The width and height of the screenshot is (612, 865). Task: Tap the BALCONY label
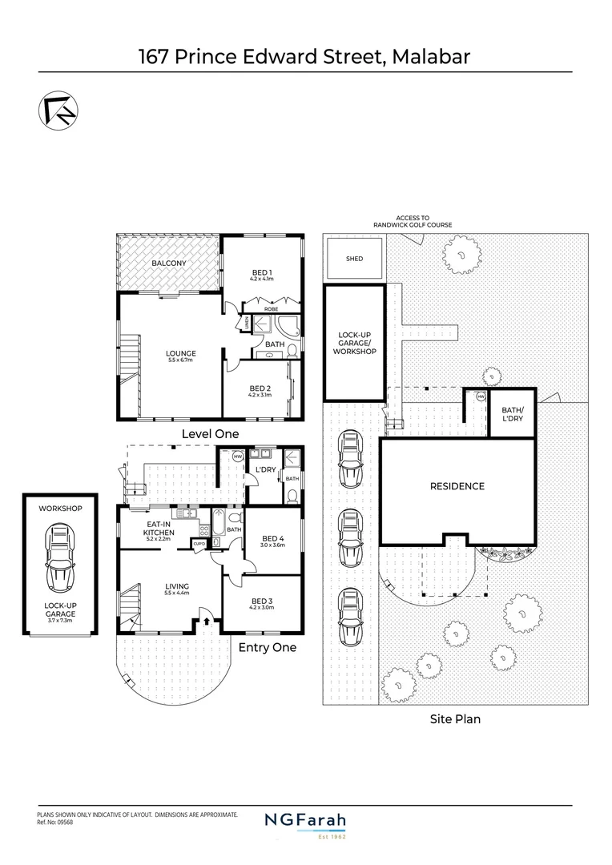click(169, 263)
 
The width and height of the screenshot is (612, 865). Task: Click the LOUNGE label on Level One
click(182, 353)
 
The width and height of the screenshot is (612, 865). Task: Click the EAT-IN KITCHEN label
click(159, 528)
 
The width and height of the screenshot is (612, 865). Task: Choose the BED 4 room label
click(272, 538)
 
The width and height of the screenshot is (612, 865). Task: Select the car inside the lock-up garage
click(60, 557)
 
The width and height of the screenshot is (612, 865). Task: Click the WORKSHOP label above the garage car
click(60, 508)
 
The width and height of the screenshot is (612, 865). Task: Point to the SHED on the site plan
click(354, 259)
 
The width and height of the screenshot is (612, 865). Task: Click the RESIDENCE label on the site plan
click(457, 486)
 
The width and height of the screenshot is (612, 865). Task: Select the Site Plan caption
click(454, 719)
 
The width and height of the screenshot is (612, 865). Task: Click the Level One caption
click(210, 433)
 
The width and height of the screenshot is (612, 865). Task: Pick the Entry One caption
click(267, 647)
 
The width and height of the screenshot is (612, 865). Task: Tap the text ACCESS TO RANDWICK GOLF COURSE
click(413, 221)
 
